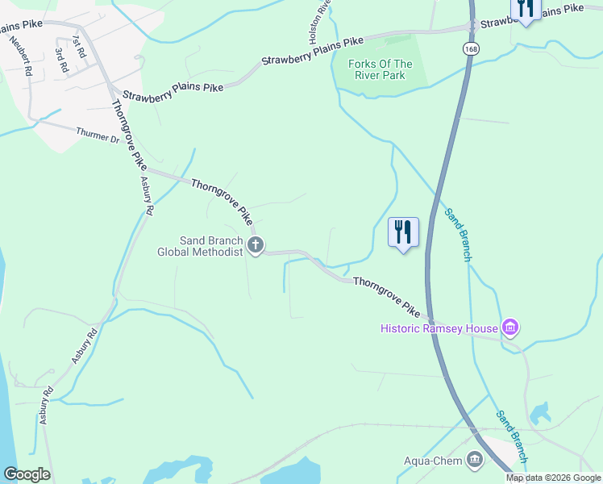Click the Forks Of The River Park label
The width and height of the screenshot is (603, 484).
click(x=380, y=70)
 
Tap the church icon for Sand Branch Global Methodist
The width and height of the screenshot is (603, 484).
click(x=256, y=245)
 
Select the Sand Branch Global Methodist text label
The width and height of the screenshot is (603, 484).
click(x=200, y=246)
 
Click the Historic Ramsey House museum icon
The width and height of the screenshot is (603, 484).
click(x=509, y=328)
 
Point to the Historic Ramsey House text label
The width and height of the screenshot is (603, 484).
click(x=439, y=328)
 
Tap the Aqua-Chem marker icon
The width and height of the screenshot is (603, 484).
click(x=474, y=461)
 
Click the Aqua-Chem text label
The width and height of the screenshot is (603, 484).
click(x=432, y=461)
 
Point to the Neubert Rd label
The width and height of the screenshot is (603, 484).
click(x=22, y=56)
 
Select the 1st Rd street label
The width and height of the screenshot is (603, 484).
click(x=77, y=45)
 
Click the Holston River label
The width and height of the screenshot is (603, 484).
click(x=315, y=23)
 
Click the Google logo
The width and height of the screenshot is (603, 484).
click(x=27, y=474)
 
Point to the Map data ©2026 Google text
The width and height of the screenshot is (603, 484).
click(x=553, y=478)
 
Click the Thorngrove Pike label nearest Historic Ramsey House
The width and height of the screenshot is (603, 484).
click(x=388, y=296)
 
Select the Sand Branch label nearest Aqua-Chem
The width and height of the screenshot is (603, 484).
click(x=511, y=431)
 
